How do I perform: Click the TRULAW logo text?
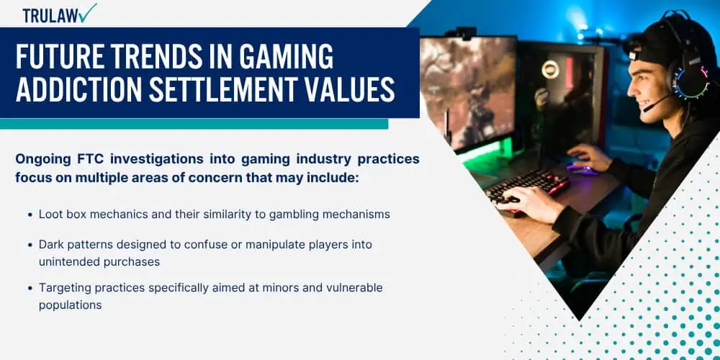click(x=50, y=16)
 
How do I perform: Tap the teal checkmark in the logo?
click(x=88, y=12)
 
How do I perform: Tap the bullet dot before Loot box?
click(x=30, y=215)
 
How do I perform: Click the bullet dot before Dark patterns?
click(x=30, y=245)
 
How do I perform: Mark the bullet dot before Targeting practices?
click(x=30, y=288)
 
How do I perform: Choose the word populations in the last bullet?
click(x=71, y=305)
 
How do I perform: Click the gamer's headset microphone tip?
click(x=646, y=109)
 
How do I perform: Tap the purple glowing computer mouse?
click(x=581, y=169)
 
